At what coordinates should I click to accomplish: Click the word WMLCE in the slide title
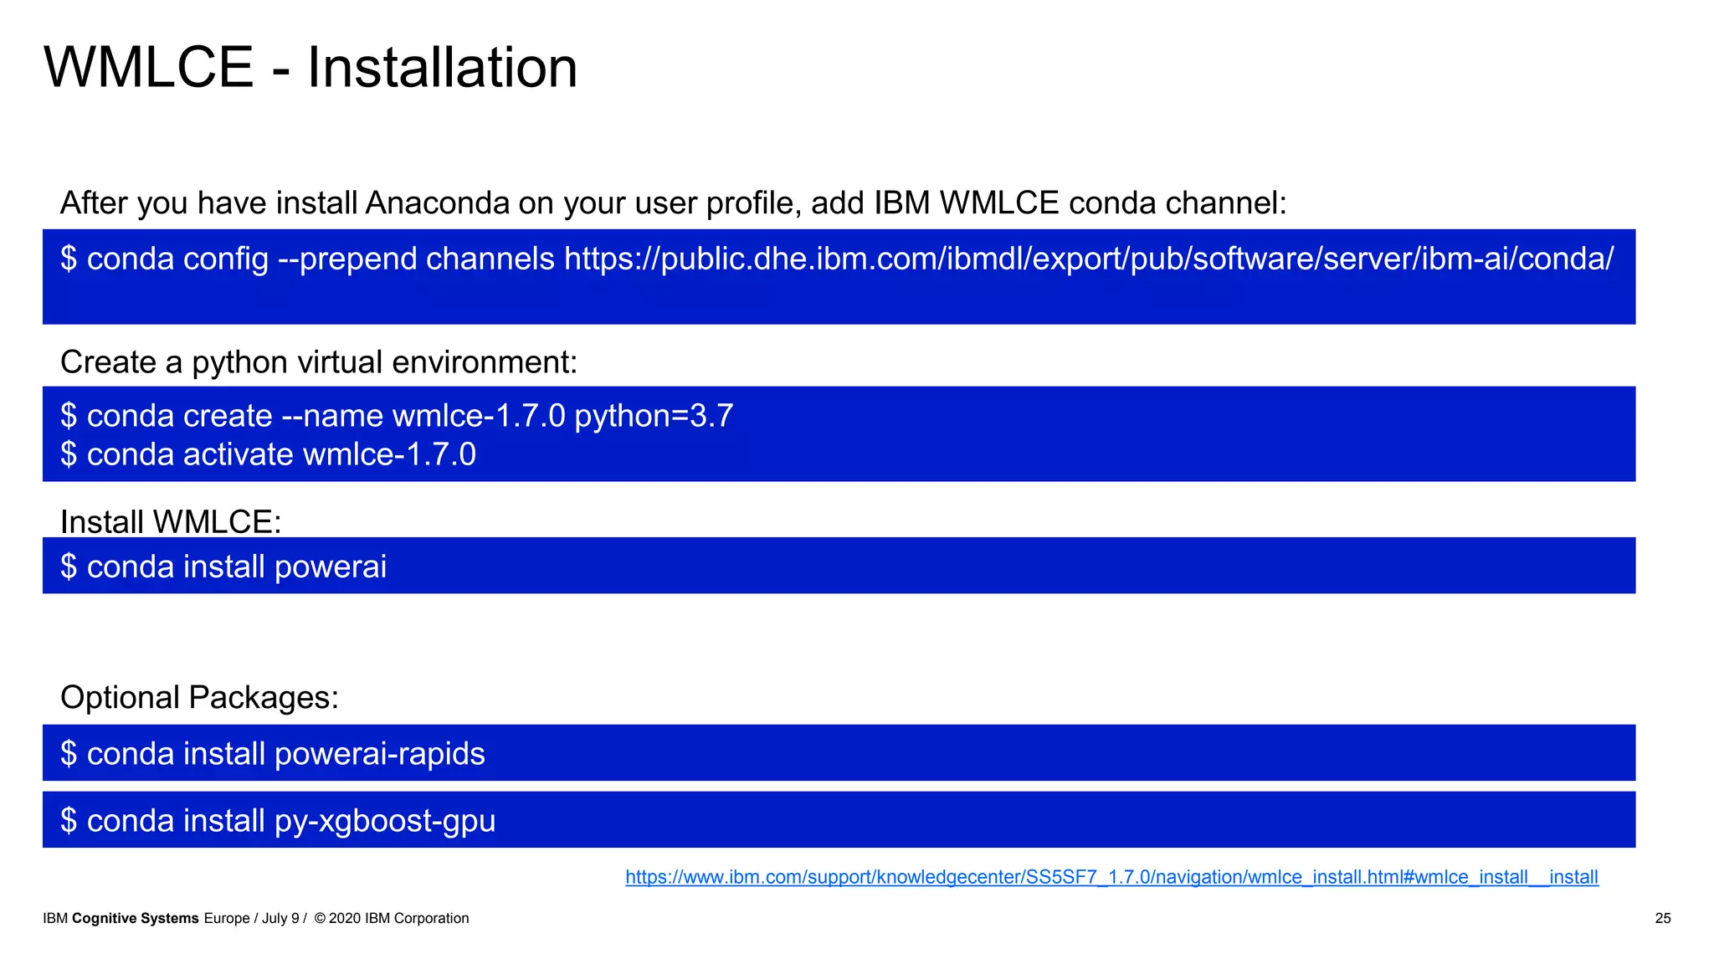(148, 68)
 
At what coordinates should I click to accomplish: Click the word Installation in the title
(442, 68)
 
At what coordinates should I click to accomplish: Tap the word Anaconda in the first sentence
(437, 203)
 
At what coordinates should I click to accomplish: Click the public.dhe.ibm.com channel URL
(1088, 259)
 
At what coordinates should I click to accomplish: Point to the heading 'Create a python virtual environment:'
(318, 362)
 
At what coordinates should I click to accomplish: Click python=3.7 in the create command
(654, 416)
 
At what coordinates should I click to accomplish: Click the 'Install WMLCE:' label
(171, 522)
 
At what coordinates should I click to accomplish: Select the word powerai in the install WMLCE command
(331, 567)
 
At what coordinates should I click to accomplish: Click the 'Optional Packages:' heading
(199, 697)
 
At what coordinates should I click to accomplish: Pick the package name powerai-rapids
(379, 754)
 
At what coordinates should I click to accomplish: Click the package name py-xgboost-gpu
(385, 821)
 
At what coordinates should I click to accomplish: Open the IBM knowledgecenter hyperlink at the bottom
(1111, 877)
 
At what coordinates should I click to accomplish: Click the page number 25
(1662, 919)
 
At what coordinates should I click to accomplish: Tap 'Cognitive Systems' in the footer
(136, 919)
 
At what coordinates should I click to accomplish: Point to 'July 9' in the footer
(280, 919)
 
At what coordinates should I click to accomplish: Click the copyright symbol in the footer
(320, 919)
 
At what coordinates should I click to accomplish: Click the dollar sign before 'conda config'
(69, 259)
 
